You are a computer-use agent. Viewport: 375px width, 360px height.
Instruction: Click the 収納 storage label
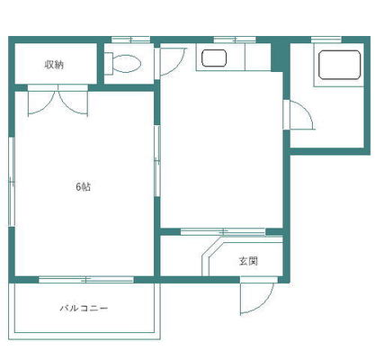click(54, 65)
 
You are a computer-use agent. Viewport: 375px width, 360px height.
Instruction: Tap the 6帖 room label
click(83, 187)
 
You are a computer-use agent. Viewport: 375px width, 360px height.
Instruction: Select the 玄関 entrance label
click(248, 261)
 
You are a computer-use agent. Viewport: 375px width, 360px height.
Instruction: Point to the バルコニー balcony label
click(84, 308)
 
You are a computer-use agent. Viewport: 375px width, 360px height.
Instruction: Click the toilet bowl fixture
click(128, 64)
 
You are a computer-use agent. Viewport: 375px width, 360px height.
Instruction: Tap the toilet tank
click(108, 64)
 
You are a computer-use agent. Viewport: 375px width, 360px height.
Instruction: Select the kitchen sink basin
click(214, 58)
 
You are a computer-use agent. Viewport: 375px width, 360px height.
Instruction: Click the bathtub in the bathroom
click(339, 65)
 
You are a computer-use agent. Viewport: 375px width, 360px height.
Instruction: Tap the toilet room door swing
click(178, 67)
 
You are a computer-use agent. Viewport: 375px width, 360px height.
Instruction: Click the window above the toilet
click(130, 40)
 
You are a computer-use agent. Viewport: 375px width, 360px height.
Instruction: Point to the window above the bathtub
click(326, 40)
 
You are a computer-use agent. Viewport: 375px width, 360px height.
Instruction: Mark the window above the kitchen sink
click(235, 40)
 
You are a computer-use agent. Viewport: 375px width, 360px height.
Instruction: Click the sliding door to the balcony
click(86, 280)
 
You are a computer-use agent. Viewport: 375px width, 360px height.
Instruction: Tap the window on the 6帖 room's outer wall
click(12, 182)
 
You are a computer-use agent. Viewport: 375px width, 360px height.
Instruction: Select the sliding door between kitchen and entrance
click(223, 231)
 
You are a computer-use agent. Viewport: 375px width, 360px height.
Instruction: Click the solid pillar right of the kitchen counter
click(277, 57)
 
